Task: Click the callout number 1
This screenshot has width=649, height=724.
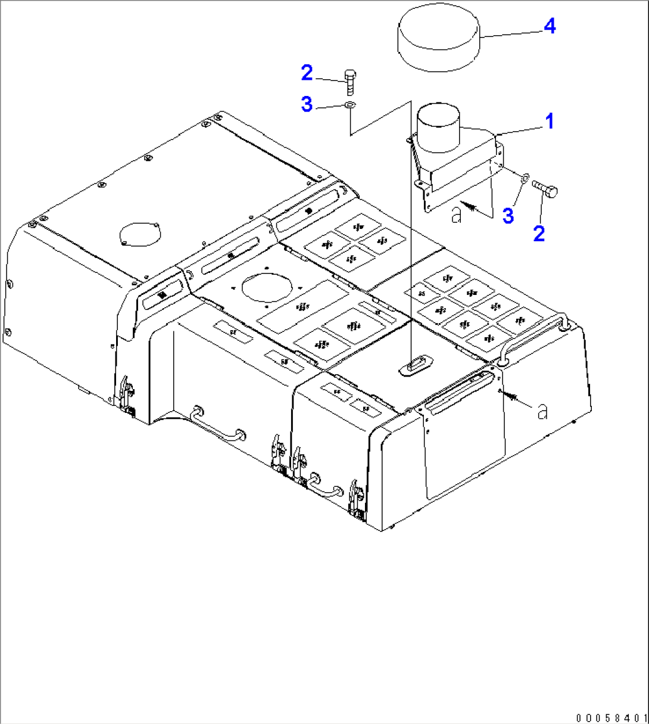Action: pyautogui.click(x=550, y=121)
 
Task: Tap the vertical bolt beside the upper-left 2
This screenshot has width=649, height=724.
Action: pyautogui.click(x=350, y=82)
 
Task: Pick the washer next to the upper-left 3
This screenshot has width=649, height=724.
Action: pyautogui.click(x=350, y=105)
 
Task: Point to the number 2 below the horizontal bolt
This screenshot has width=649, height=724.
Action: pyautogui.click(x=538, y=233)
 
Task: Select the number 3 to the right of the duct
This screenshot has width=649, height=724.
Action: pyautogui.click(x=507, y=216)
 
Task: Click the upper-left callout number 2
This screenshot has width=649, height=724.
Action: pyautogui.click(x=306, y=73)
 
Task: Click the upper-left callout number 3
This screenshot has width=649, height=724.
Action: pyautogui.click(x=306, y=105)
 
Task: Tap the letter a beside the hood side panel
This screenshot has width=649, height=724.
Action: pyautogui.click(x=542, y=411)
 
